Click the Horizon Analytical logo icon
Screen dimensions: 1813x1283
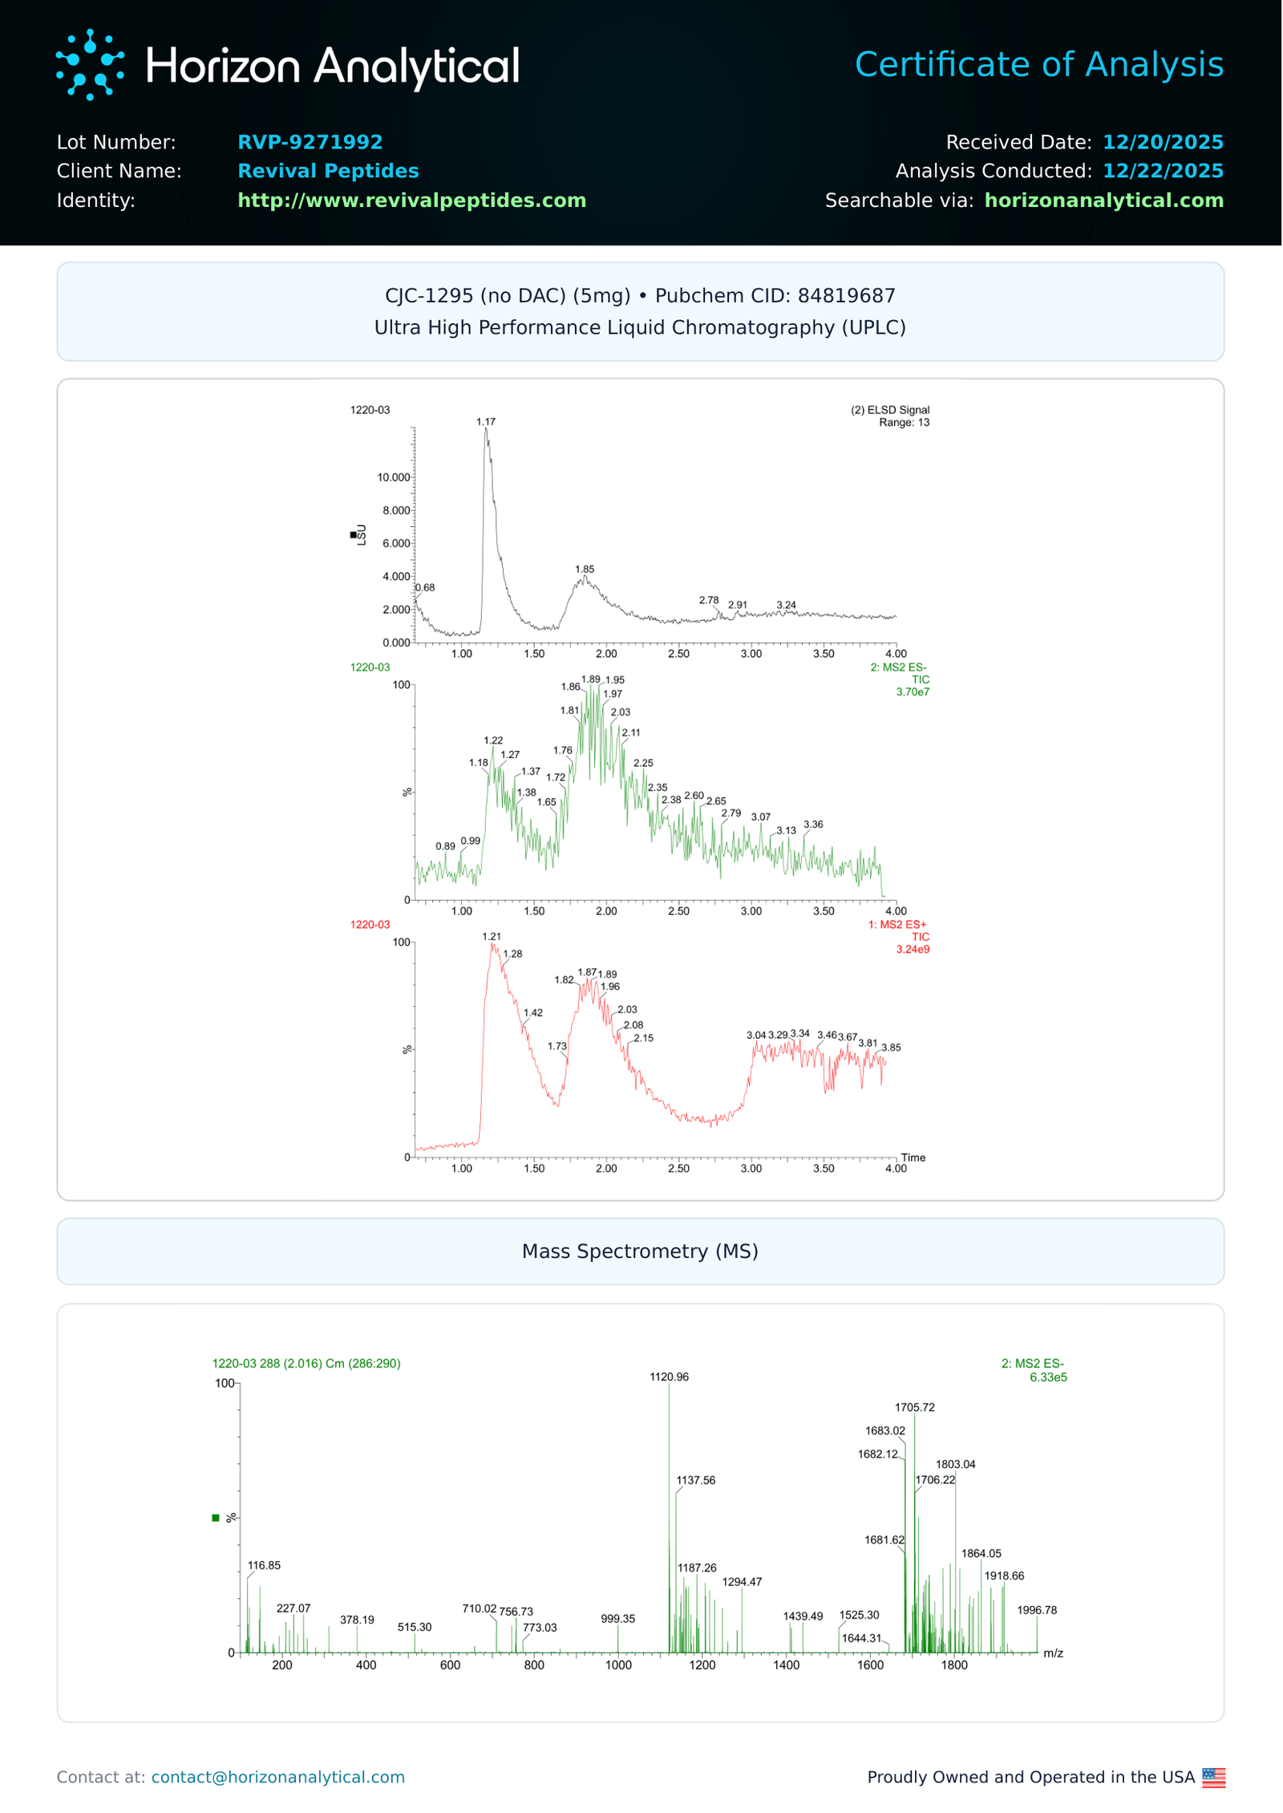click(x=90, y=65)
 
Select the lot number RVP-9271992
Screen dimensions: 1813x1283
click(x=310, y=142)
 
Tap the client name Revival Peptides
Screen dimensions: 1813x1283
click(x=328, y=171)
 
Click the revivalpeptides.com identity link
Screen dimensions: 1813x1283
click(x=411, y=200)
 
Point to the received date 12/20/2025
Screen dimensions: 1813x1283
click(x=1162, y=142)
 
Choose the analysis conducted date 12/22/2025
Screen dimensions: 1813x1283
click(x=1162, y=171)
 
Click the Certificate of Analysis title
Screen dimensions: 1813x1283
click(x=1038, y=64)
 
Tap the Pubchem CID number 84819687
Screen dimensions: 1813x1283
click(x=846, y=295)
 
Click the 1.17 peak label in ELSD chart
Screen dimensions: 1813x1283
click(x=486, y=421)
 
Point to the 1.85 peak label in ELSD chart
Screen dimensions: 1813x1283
click(x=585, y=569)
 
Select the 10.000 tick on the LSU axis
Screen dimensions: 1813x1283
click(x=394, y=477)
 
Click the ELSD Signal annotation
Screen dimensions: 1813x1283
click(x=890, y=410)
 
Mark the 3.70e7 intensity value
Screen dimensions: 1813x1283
click(x=913, y=692)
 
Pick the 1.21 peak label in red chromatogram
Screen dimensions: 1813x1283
click(x=492, y=936)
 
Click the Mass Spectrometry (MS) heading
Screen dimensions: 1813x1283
click(x=640, y=1251)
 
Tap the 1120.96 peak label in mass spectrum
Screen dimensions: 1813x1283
click(x=669, y=1377)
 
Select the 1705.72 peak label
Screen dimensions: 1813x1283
click(x=914, y=1407)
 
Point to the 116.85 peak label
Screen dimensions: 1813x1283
click(x=264, y=1565)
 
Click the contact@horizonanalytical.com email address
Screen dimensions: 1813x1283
click(x=277, y=1777)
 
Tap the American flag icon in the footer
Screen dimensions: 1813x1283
click(x=1213, y=1778)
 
